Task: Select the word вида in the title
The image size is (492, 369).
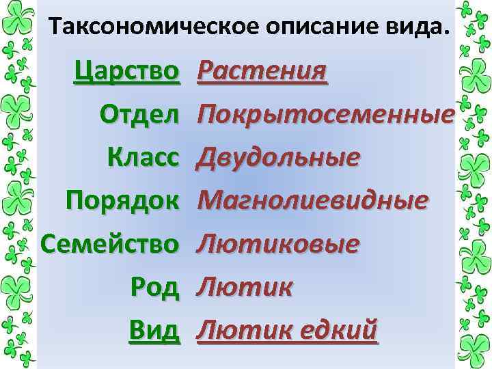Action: click(417, 28)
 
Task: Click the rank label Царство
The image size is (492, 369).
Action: click(127, 70)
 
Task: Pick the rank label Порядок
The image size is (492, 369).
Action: click(123, 201)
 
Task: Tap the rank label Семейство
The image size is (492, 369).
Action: click(110, 244)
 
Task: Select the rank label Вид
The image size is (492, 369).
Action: click(154, 331)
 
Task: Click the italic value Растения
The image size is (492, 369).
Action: click(262, 70)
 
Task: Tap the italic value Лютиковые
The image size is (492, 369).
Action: click(277, 244)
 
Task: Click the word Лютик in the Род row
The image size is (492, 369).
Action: click(244, 288)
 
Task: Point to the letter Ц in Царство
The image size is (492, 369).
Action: click(84, 70)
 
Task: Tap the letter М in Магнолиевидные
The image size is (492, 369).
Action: click(210, 201)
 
